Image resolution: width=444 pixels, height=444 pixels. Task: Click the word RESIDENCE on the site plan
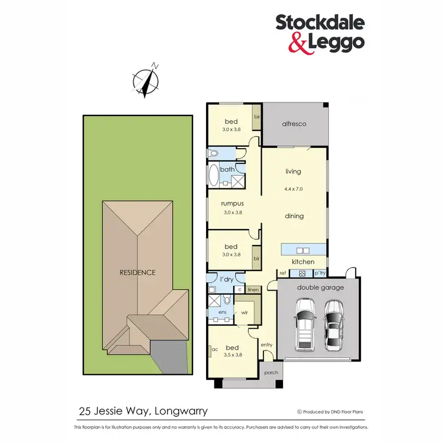click(x=137, y=273)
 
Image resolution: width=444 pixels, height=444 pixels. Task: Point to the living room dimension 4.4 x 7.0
click(x=293, y=189)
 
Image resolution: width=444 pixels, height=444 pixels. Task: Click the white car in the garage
click(x=305, y=322)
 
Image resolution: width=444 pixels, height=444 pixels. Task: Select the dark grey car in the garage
click(x=333, y=324)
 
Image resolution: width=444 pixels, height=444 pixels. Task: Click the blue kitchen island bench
click(x=304, y=249)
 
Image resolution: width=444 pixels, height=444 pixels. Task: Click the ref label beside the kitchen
click(x=283, y=273)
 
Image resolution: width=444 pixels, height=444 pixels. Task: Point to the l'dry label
click(x=226, y=278)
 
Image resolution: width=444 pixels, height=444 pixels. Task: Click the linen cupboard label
click(x=253, y=289)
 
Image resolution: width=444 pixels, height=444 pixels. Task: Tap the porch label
click(x=271, y=372)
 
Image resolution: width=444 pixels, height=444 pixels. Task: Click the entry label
click(x=266, y=345)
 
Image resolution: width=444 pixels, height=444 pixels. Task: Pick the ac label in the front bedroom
click(x=215, y=349)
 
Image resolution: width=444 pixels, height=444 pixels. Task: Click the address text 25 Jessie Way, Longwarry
click(x=143, y=410)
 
